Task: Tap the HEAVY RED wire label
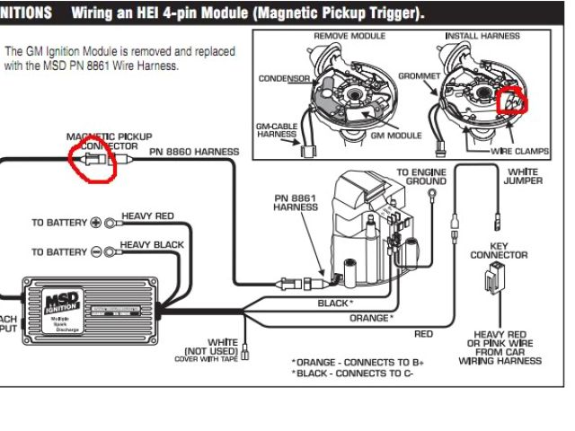[x=147, y=216]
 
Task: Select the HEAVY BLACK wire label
[x=152, y=245]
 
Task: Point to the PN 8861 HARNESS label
[x=296, y=202]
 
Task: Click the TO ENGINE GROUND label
[x=421, y=176]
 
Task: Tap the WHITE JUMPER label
[x=523, y=176]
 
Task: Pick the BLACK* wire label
[x=335, y=303]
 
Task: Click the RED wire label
[x=422, y=334]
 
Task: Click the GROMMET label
[x=416, y=77]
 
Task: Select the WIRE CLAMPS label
[x=519, y=152]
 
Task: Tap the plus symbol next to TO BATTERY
[x=97, y=223]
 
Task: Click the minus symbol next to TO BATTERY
[x=97, y=252]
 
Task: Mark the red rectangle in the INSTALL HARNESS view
[x=512, y=101]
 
